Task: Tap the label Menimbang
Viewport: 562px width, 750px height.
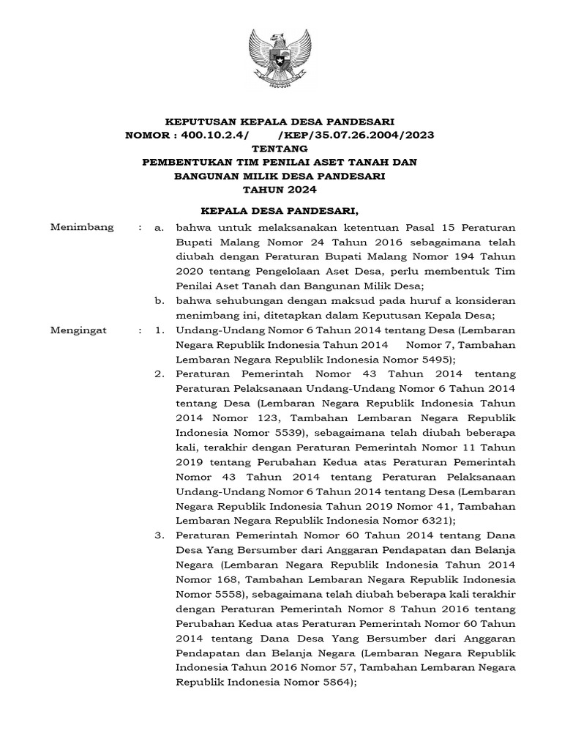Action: click(81, 227)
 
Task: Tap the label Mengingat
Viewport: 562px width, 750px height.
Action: click(78, 330)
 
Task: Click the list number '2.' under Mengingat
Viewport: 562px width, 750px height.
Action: click(160, 374)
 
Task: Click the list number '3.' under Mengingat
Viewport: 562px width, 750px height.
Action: click(160, 535)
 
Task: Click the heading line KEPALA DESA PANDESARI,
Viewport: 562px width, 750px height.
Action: click(280, 212)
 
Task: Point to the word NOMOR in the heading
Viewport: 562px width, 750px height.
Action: click(147, 134)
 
